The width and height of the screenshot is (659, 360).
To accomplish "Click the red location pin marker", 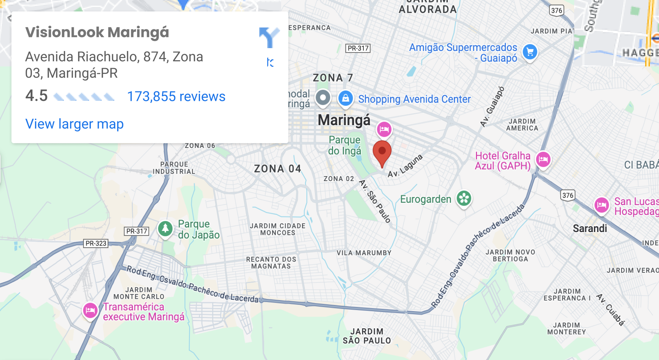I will pyautogui.click(x=382, y=151).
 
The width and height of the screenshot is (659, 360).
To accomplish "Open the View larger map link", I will pyautogui.click(x=74, y=124).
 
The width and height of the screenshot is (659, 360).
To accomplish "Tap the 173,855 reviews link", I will pyautogui.click(x=176, y=97).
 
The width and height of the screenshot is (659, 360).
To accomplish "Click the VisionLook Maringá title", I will pyautogui.click(x=97, y=32).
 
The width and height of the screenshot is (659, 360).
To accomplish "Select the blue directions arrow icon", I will pyautogui.click(x=269, y=37).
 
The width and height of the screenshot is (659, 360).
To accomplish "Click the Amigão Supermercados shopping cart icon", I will pyautogui.click(x=530, y=52).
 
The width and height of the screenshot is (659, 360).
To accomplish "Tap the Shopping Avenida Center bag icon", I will pyautogui.click(x=346, y=98).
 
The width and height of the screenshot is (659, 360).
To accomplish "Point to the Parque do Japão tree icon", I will pyautogui.click(x=165, y=228).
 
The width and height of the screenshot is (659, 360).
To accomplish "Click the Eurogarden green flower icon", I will pyautogui.click(x=464, y=198).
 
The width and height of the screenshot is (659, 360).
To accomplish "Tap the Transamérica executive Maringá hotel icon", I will pyautogui.click(x=90, y=310).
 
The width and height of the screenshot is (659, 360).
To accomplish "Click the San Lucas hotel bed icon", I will pyautogui.click(x=602, y=205).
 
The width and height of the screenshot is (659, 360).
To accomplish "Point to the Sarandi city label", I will pyautogui.click(x=590, y=228).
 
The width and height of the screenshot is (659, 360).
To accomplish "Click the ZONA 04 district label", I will pyautogui.click(x=277, y=169).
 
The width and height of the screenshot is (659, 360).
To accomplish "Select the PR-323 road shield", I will pyautogui.click(x=96, y=243).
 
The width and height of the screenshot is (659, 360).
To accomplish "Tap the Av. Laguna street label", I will pyautogui.click(x=405, y=166).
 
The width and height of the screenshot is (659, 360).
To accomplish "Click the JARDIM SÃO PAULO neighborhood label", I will pyautogui.click(x=367, y=336).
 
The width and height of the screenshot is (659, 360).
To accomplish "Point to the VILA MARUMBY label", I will pyautogui.click(x=364, y=253).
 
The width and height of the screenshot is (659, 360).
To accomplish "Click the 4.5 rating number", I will pyautogui.click(x=36, y=96).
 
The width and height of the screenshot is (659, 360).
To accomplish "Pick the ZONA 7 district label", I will pyautogui.click(x=333, y=78).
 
